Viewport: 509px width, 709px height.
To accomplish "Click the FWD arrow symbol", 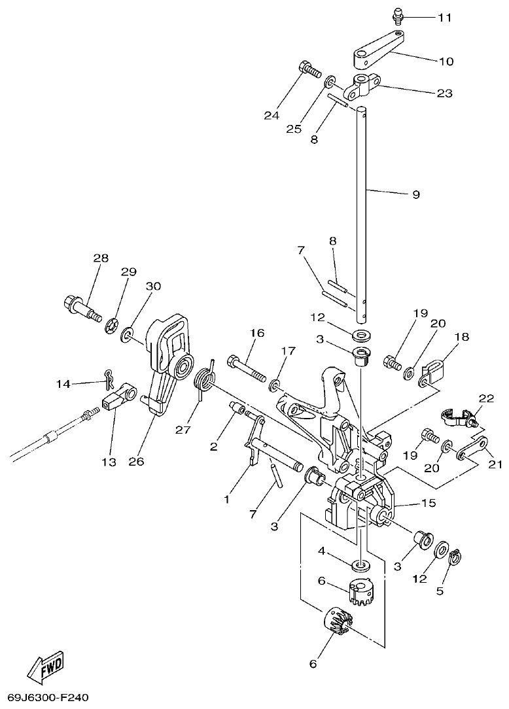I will (46, 666).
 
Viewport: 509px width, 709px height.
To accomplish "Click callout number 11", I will (444, 18).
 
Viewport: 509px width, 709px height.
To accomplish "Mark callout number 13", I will (109, 462).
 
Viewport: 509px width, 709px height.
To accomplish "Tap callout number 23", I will (444, 94).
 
